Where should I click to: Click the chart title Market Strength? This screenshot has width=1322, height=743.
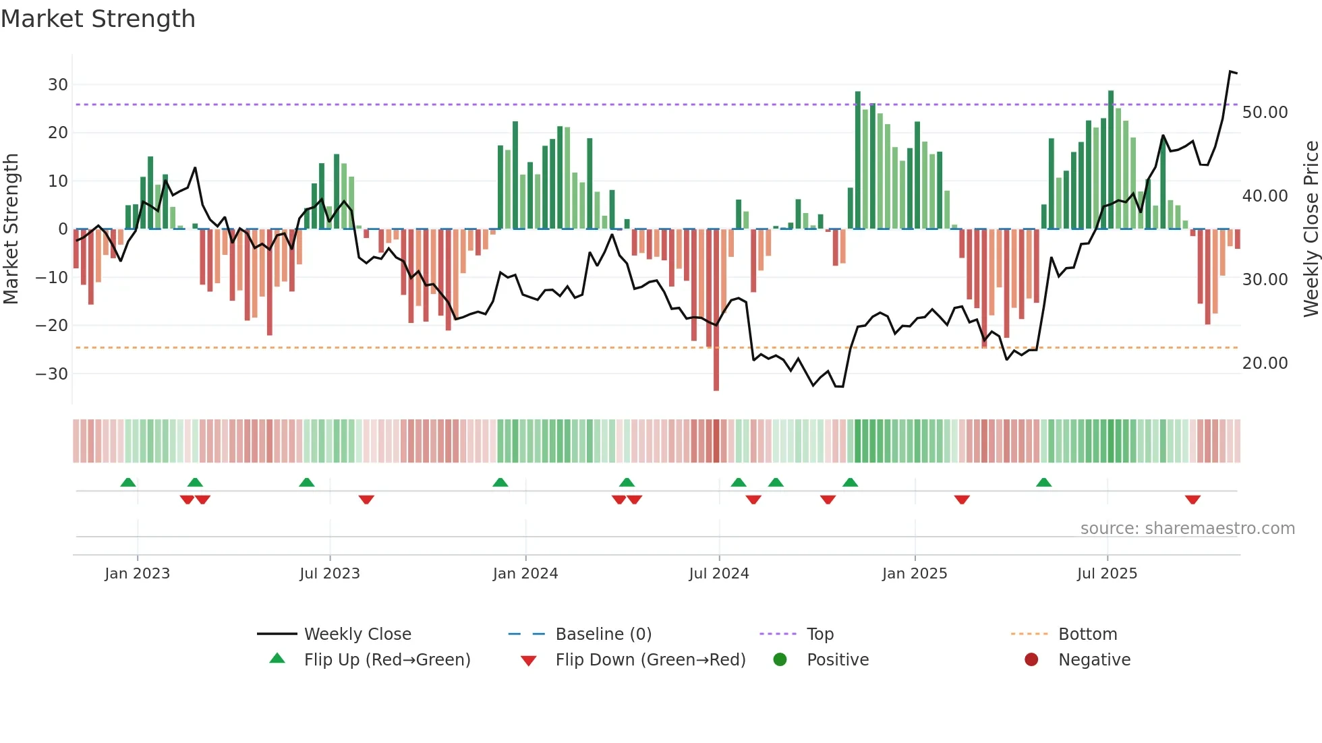98,19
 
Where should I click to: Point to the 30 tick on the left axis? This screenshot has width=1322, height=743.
58,85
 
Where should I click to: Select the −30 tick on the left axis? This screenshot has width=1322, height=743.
53,374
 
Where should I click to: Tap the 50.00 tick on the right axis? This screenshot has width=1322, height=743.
1265,113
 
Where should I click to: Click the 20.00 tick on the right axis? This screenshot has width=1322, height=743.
1265,363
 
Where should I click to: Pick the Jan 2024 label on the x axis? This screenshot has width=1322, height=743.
525,574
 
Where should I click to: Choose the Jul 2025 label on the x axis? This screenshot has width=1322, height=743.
1107,574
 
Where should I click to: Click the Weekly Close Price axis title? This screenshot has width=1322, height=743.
1311,229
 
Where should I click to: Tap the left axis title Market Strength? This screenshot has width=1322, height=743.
11,229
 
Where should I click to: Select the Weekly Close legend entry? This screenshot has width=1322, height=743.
357,634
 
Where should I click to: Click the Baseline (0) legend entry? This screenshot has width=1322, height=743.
603,634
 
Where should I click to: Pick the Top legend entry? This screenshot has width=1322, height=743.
820,634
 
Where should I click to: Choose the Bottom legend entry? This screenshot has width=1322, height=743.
1087,634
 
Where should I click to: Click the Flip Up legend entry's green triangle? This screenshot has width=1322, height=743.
277,659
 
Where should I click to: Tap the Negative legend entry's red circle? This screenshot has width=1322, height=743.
1031,660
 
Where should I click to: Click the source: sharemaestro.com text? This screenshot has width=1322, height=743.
1187,529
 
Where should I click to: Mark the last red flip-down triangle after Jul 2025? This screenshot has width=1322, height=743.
1192,500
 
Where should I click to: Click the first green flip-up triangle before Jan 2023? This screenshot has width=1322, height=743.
128,482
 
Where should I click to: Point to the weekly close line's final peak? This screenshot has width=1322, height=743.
1231,71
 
